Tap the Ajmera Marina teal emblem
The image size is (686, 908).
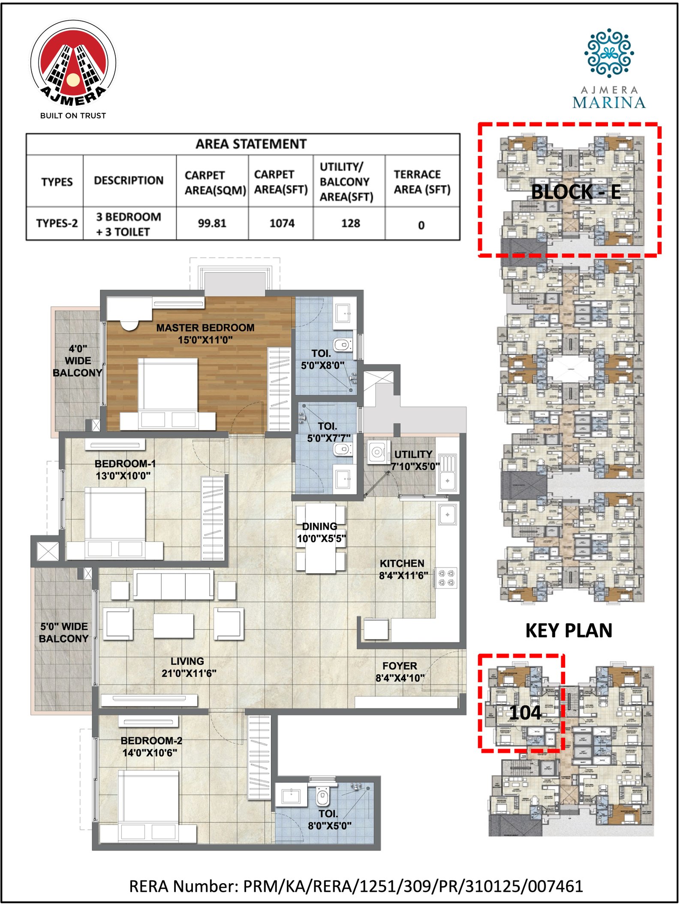click(609, 53)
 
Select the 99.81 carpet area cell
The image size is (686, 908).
click(212, 223)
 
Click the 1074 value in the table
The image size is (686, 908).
click(282, 223)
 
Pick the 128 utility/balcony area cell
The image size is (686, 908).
click(350, 223)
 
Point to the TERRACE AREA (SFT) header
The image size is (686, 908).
click(422, 182)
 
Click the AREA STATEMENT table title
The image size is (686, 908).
click(251, 144)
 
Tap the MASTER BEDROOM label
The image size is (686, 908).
click(205, 334)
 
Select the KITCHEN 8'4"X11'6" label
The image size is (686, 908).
click(403, 569)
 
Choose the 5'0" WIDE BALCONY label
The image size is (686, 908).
click(63, 632)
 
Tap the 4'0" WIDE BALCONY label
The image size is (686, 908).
click(78, 361)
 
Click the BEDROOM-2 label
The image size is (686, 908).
click(151, 747)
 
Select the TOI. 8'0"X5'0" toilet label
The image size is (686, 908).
click(329, 819)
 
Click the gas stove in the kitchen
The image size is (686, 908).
click(446, 577)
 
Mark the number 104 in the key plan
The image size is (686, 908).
click(525, 713)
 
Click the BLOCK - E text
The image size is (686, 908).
click(575, 191)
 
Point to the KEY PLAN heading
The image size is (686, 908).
click(569, 630)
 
